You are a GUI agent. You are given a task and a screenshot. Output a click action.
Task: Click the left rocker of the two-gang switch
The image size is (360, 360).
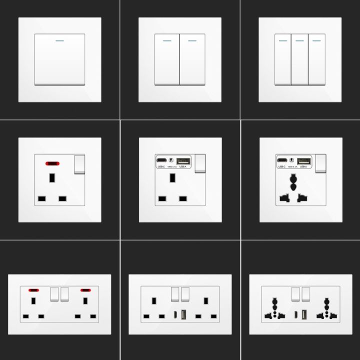point(167,60)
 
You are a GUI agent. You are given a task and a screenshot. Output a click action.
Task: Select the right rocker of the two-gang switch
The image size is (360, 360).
point(193,60)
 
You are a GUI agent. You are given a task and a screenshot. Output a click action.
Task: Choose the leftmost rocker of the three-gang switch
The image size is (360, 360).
point(282,60)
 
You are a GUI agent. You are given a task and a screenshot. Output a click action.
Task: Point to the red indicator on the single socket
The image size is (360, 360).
point(51,163)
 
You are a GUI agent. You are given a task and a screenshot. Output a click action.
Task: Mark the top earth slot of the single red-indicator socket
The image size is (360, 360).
point(51,178)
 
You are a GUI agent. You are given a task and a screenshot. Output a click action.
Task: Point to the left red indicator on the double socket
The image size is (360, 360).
point(34,290)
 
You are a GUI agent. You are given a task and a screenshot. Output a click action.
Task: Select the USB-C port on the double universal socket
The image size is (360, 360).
point(296,316)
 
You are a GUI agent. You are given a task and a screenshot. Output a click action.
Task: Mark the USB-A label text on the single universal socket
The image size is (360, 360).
point(303,166)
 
